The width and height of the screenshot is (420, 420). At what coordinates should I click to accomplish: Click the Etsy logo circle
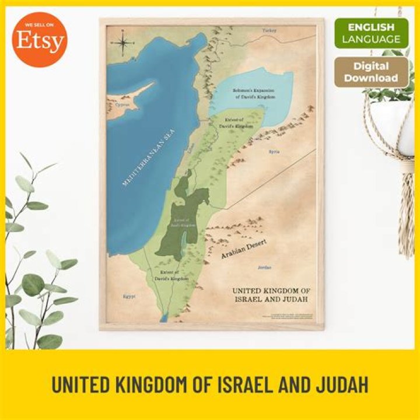pyautogui.click(x=40, y=40)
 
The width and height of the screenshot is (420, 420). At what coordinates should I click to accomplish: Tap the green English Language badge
pyautogui.click(x=371, y=33)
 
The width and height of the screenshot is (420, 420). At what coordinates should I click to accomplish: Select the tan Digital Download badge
pyautogui.click(x=371, y=72)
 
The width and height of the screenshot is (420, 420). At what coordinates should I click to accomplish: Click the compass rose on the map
pyautogui.click(x=124, y=42)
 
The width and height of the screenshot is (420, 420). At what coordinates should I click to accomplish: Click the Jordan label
pyautogui.click(x=265, y=268)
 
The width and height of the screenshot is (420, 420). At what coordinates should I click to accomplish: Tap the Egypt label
pyautogui.click(x=129, y=296)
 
